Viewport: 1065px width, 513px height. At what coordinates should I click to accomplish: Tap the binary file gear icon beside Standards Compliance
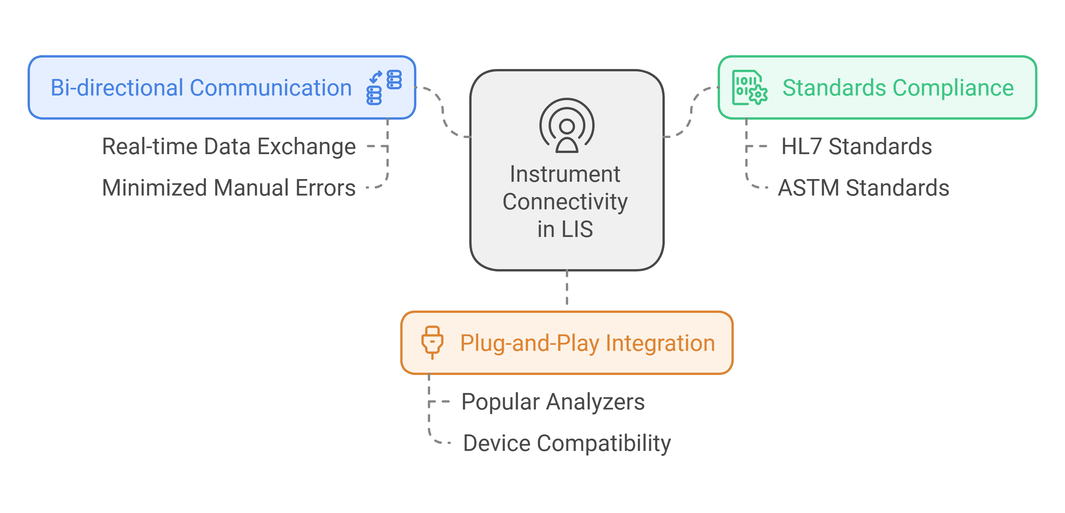749,88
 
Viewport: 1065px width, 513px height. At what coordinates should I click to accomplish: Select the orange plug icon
432,342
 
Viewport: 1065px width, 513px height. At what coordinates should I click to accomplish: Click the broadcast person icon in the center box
567,126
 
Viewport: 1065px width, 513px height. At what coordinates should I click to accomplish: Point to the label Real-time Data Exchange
228,146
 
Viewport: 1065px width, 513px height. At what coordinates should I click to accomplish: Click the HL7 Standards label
856,146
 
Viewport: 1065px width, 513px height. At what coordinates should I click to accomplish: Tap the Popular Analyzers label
553,401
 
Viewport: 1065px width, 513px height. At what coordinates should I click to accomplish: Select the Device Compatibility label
566,443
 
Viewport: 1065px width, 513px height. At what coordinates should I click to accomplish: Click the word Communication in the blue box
271,88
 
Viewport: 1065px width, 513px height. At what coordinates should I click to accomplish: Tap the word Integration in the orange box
660,343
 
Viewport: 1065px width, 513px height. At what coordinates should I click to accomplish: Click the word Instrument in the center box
565,174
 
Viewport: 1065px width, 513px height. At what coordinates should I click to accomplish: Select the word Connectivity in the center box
565,202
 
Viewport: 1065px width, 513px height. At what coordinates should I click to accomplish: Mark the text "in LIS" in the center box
565,229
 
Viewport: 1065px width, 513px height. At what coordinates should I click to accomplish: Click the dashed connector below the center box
567,288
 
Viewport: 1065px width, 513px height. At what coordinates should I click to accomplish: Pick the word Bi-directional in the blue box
117,88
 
